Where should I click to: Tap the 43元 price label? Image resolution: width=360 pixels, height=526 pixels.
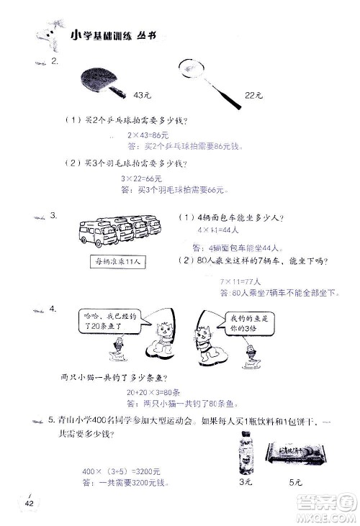coord(142,95)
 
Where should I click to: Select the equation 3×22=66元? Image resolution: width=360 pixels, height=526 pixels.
coord(141,178)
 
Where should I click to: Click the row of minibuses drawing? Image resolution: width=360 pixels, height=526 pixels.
coord(116,231)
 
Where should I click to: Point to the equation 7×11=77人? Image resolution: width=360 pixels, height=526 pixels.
coord(241,281)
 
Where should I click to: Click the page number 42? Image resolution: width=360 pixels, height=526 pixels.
coord(30,502)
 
